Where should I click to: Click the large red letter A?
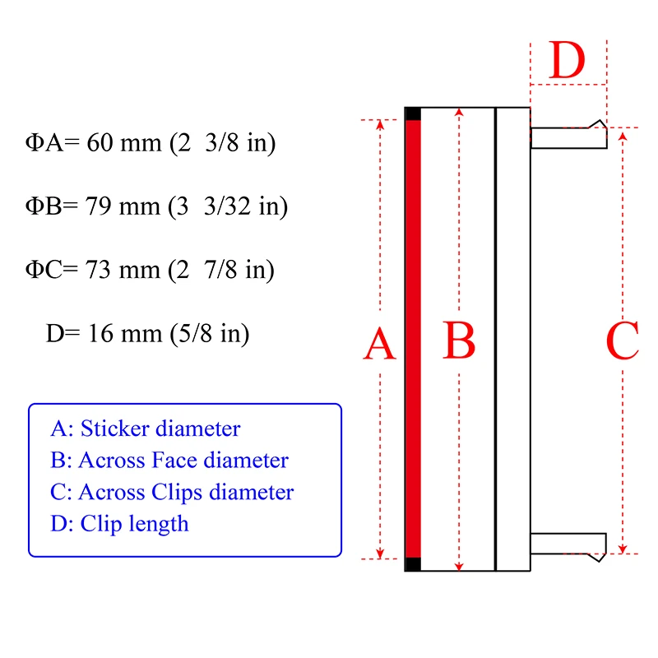click(x=380, y=344)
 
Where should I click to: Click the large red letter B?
click(x=459, y=341)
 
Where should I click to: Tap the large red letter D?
click(x=567, y=60)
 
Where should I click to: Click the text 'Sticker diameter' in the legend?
click(x=160, y=429)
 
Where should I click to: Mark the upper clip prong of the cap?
click(x=568, y=137)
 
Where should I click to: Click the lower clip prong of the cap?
click(x=568, y=544)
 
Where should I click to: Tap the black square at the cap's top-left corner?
click(x=413, y=114)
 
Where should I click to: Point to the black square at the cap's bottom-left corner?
click(x=413, y=563)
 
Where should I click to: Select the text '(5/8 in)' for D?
click(x=210, y=333)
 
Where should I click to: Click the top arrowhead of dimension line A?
click(x=380, y=125)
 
